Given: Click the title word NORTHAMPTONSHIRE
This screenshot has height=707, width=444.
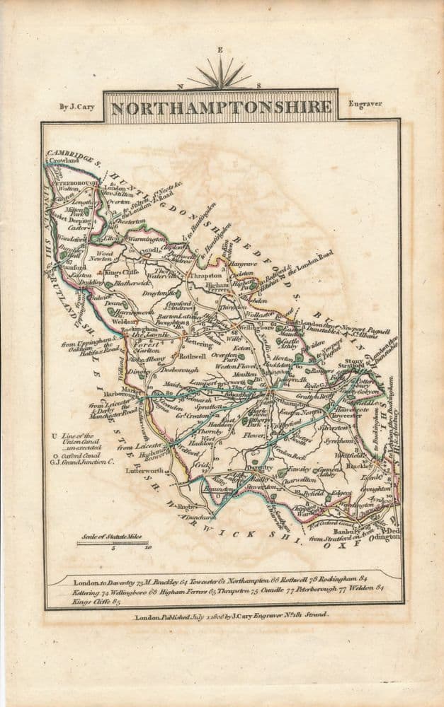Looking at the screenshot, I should (x=221, y=107).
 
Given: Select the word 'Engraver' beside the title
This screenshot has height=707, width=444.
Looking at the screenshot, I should (x=365, y=104).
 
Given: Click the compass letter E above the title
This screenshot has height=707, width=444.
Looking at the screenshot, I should (x=220, y=50).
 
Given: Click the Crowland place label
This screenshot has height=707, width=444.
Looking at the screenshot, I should (x=66, y=161).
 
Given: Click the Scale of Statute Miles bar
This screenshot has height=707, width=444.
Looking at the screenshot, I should (x=112, y=543).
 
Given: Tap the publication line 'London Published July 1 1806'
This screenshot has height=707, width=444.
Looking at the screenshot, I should (x=231, y=616).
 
